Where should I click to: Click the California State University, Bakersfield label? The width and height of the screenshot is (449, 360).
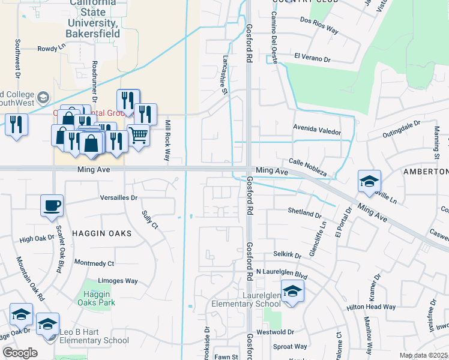[x=92, y=18]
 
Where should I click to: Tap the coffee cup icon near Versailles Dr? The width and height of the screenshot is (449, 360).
[x=52, y=205]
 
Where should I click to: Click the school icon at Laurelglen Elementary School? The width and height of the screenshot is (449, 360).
[x=292, y=292]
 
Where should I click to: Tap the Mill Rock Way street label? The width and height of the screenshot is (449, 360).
[x=167, y=140]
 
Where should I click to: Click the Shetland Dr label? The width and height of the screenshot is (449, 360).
[x=305, y=213]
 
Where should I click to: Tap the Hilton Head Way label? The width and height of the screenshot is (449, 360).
[x=371, y=307]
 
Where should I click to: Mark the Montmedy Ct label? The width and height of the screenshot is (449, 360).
[x=94, y=263]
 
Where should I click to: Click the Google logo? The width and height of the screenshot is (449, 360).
[x=20, y=353]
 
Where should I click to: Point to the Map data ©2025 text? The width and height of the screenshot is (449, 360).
[x=423, y=355]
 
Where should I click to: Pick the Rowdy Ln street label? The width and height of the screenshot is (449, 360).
[x=51, y=48]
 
